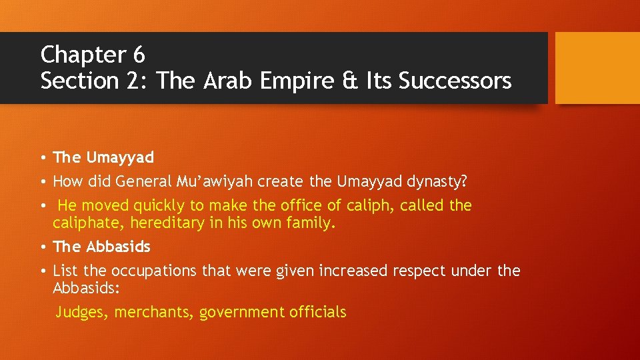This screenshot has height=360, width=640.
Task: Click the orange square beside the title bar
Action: pyautogui.click(x=597, y=67)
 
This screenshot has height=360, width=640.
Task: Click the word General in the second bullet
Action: pyautogui.click(x=144, y=181)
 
